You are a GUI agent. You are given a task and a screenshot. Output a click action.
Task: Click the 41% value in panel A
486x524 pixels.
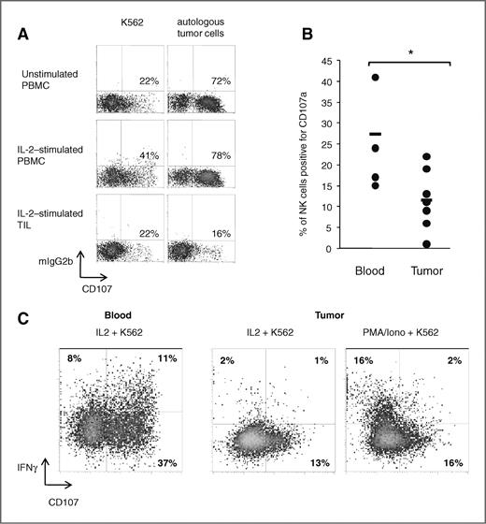142,154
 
